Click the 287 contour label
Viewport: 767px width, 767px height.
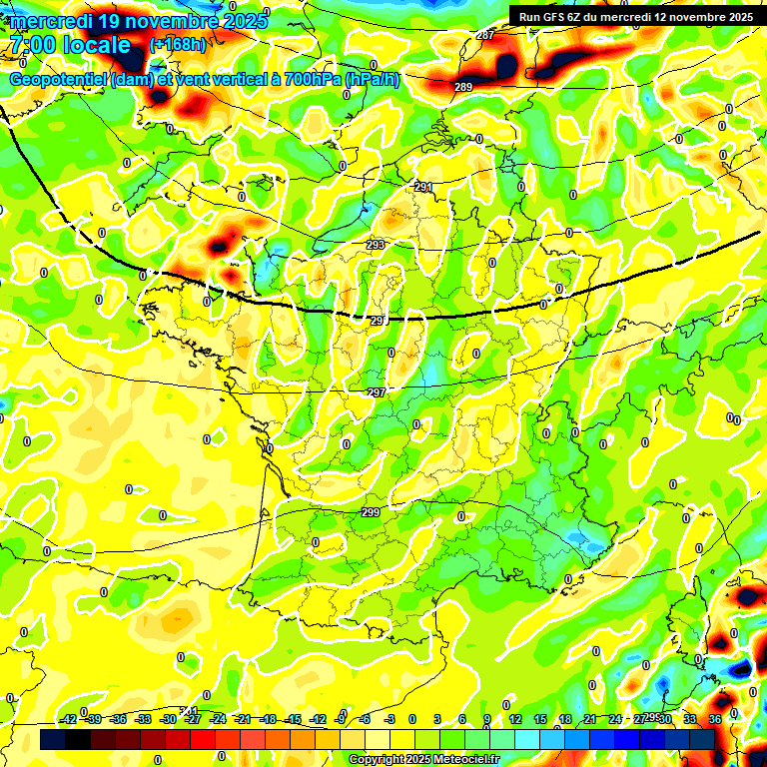click(x=485, y=36)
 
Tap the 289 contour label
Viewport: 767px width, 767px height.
click(x=463, y=88)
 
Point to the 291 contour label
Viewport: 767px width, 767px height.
click(x=423, y=187)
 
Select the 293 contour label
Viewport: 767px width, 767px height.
click(x=376, y=245)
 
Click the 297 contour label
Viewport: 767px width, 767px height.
click(x=377, y=392)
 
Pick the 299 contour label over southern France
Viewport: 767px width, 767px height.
click(x=371, y=512)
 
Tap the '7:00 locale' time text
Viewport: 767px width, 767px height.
click(x=70, y=45)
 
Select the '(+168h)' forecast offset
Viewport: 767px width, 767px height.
click(x=178, y=45)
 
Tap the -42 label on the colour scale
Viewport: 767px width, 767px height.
click(x=68, y=719)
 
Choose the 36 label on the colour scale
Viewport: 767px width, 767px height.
click(x=715, y=719)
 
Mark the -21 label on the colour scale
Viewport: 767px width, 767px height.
click(x=242, y=719)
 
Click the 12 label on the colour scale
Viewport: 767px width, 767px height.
click(x=514, y=719)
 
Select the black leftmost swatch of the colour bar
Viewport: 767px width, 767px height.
click(x=54, y=739)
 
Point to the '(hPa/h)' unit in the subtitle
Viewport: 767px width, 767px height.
click(x=373, y=80)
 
